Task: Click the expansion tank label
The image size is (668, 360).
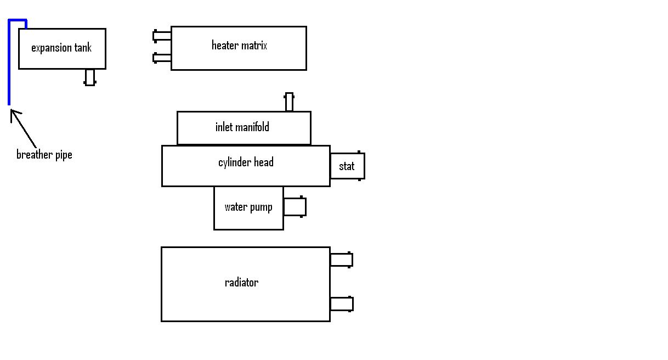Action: pyautogui.click(x=61, y=48)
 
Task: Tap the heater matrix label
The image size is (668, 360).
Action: pyautogui.click(x=239, y=46)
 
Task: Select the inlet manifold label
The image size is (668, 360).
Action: pyautogui.click(x=242, y=127)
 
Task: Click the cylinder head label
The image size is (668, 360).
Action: pyautogui.click(x=246, y=162)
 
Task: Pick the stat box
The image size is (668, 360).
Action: pyautogui.click(x=347, y=166)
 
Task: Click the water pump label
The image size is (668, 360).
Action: pyautogui.click(x=248, y=207)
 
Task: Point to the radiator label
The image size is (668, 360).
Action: pyautogui.click(x=241, y=283)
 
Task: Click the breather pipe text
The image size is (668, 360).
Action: pyautogui.click(x=44, y=155)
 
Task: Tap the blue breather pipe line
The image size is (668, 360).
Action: pyautogui.click(x=9, y=66)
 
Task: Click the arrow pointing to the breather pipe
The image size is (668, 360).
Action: pyautogui.click(x=22, y=128)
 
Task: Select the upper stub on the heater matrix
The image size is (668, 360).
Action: pyautogui.click(x=162, y=36)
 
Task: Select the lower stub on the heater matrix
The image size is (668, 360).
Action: pyautogui.click(x=162, y=58)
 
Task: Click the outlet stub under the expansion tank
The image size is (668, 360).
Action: pyautogui.click(x=89, y=77)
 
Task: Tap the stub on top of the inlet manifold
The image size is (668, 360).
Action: pyautogui.click(x=289, y=102)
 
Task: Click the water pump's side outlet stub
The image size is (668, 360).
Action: pyautogui.click(x=295, y=207)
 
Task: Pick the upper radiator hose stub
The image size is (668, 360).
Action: pyautogui.click(x=341, y=260)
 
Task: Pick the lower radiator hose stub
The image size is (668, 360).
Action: pyautogui.click(x=341, y=303)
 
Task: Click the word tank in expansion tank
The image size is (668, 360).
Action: pyautogui.click(x=83, y=48)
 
